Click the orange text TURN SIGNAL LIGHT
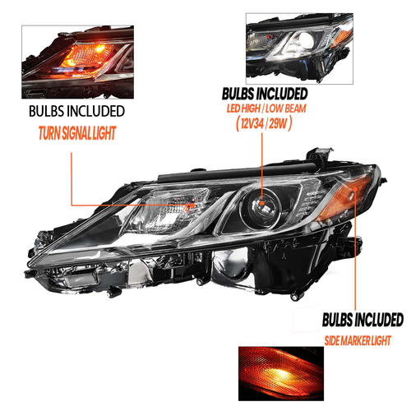click(x=77, y=133)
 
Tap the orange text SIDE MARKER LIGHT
click(x=358, y=341)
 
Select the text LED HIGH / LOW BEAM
click(x=266, y=109)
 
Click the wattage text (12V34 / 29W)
click(x=264, y=122)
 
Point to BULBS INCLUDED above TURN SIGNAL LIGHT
click(x=76, y=111)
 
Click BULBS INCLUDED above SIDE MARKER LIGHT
click(x=363, y=320)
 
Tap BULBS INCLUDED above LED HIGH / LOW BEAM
click(x=265, y=94)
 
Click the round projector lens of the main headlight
click(x=261, y=207)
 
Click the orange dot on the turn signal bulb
click(x=192, y=205)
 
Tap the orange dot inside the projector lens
click(x=262, y=203)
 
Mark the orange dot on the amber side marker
click(x=355, y=189)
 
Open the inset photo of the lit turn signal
click(x=77, y=62)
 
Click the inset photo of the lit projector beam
click(x=299, y=48)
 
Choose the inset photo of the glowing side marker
click(x=281, y=374)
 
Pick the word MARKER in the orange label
click(x=355, y=341)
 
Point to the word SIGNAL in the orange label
click(x=76, y=133)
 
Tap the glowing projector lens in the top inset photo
click(x=306, y=40)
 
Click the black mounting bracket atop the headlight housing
click(x=320, y=155)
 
